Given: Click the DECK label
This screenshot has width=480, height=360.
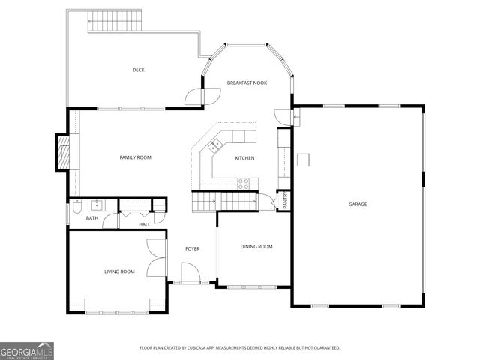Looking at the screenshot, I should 138,70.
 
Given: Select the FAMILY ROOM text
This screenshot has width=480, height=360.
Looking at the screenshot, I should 136,157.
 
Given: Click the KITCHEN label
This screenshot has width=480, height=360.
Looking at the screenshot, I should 244,158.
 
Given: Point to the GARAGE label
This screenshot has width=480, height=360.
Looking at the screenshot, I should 357,204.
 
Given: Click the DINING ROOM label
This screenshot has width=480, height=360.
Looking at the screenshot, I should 256,246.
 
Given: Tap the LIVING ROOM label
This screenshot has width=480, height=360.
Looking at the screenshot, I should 119,271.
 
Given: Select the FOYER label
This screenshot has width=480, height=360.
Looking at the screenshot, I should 193,248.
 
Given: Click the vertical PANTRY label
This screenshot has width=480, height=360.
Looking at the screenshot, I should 285,201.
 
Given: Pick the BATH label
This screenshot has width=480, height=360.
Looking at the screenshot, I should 91,218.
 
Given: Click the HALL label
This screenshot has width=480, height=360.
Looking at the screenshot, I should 144,223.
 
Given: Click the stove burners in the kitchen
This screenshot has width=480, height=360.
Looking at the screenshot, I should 244,181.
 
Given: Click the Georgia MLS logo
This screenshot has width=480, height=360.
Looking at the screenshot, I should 27,350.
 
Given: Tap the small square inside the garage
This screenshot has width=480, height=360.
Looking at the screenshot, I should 303,159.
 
